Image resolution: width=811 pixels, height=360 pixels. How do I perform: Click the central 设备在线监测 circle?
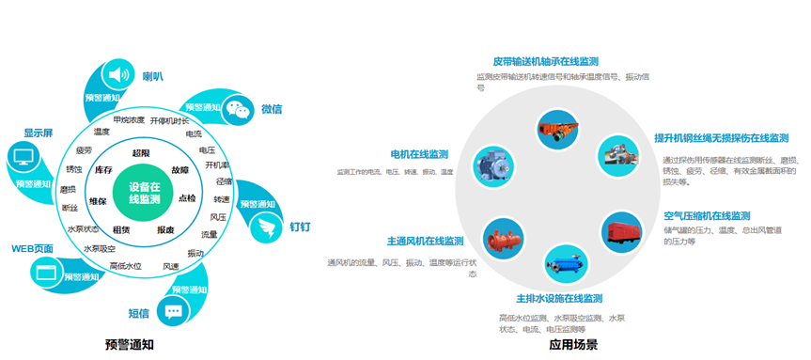pos(144,193)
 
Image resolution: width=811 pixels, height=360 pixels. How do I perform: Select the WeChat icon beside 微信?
pos(242,109)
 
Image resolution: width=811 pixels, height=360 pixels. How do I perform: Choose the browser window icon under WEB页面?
pos(43,273)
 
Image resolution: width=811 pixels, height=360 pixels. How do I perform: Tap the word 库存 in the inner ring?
pos(103,170)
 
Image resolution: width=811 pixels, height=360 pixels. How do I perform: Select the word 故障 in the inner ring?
pos(179,169)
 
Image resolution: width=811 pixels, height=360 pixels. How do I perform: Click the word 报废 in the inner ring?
pos(165,230)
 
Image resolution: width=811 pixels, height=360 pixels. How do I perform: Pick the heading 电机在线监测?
pos(419,154)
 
